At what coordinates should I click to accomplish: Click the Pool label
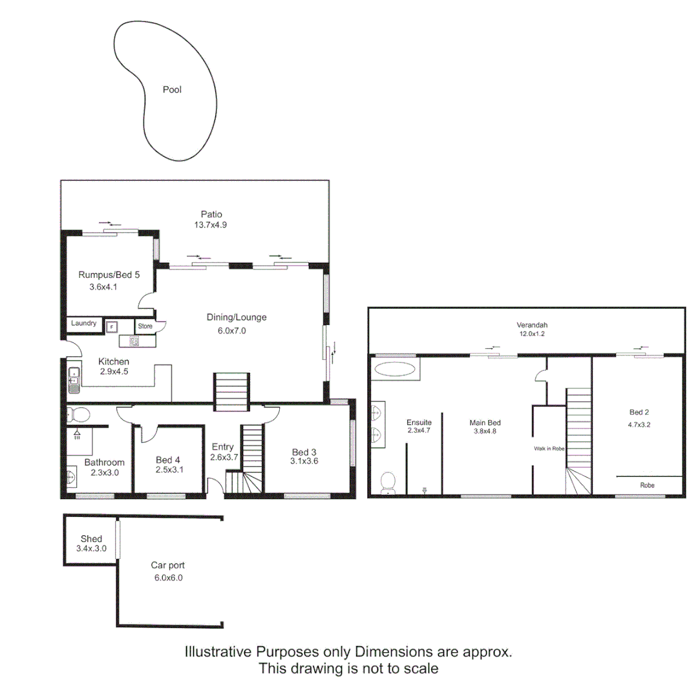point(172,90)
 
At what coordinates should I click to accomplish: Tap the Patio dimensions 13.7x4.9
point(211,225)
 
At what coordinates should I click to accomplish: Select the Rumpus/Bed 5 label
point(109,274)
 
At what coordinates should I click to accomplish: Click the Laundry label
point(84,323)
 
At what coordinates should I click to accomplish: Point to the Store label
point(145,326)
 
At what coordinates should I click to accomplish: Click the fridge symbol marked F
point(111,327)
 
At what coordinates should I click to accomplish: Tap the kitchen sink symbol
point(74,381)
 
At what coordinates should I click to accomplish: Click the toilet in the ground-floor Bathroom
point(81,414)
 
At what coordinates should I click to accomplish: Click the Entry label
point(223,447)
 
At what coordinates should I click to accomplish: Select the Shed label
point(91,538)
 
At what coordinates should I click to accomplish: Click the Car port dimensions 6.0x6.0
point(169,578)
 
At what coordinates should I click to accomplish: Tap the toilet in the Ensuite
point(388,481)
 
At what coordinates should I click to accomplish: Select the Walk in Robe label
point(549,448)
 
